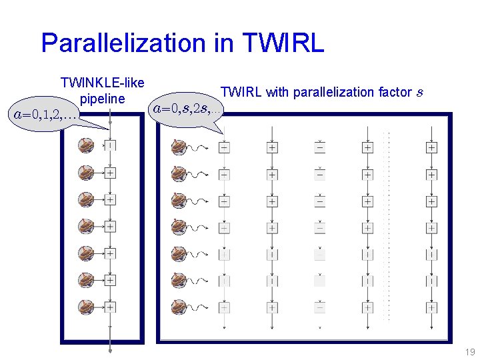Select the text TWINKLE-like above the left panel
pos(102,83)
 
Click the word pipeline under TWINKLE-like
pos(102,99)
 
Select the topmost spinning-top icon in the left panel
pos(87,146)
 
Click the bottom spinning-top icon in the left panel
pos(87,307)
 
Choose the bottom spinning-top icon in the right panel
pos(179,308)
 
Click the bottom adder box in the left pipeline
pos(110,307)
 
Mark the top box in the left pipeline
pos(110,145)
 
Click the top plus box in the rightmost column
pos(431,147)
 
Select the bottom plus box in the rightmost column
pos(431,308)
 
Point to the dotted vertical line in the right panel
pos(389,227)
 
